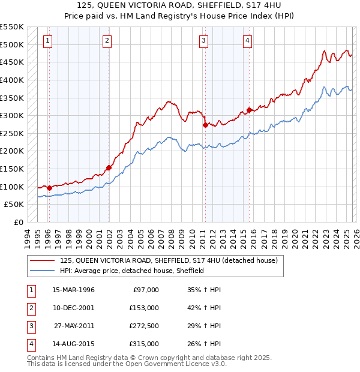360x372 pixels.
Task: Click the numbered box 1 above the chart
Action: (47, 41)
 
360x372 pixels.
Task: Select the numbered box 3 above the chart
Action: (203, 41)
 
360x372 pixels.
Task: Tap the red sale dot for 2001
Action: (109, 168)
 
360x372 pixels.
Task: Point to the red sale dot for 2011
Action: (205, 125)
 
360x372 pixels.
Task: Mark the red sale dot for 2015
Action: (248, 110)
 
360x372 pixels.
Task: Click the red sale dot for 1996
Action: (49, 188)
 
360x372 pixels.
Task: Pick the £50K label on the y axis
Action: (14, 205)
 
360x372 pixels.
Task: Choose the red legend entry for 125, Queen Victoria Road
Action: (168, 261)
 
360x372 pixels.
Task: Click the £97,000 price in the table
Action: (144, 290)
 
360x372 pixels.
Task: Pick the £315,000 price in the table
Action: (144, 344)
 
